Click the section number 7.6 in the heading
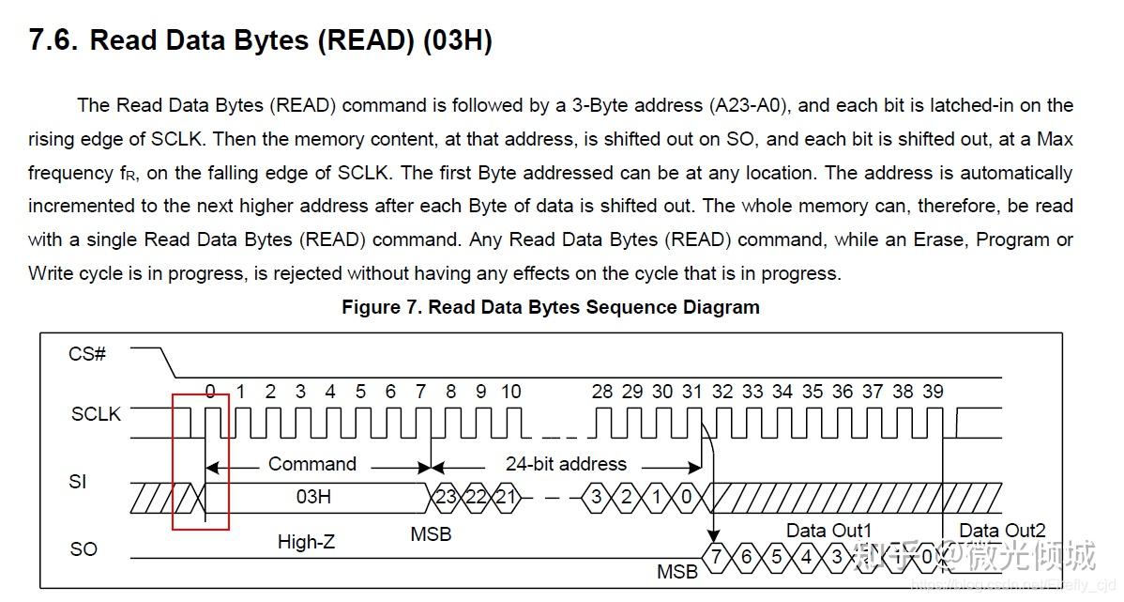tap(53, 40)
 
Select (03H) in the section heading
tap(457, 40)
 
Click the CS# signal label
tap(87, 354)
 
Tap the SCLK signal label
tap(96, 413)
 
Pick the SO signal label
tap(84, 548)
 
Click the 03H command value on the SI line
tap(313, 496)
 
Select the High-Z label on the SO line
tap(306, 542)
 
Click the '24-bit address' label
tap(566, 464)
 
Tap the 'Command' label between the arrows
tap(312, 464)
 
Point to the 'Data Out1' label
tap(828, 531)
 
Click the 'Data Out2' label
tap(1002, 531)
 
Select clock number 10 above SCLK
tap(510, 392)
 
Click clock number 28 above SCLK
tap(602, 392)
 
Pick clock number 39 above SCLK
tap(933, 392)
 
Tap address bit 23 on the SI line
tap(446, 496)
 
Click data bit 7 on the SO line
tap(717, 557)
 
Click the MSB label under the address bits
tap(431, 534)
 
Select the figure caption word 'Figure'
tap(372, 307)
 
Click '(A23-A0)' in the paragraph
tap(751, 105)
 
